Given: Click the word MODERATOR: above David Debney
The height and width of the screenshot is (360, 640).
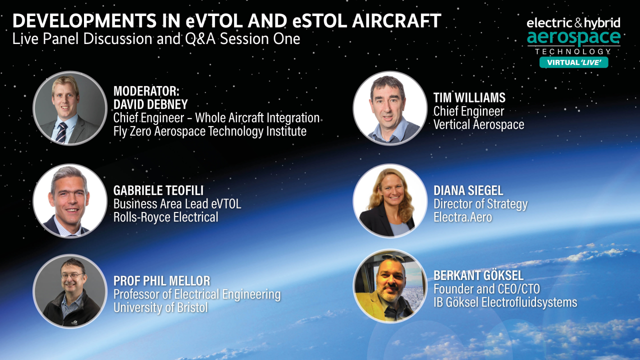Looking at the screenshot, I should click(x=146, y=91).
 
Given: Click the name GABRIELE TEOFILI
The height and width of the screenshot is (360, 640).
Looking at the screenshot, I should click(x=158, y=190).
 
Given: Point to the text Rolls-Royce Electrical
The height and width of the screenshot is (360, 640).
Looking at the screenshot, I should click(x=165, y=217).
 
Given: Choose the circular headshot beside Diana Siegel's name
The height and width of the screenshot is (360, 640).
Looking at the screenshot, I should click(x=390, y=200).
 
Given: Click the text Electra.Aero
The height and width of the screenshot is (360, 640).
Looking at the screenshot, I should click(x=462, y=217).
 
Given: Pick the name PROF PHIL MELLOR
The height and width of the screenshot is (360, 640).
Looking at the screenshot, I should click(x=161, y=280).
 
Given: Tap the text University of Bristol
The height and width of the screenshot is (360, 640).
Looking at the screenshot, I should click(x=160, y=307).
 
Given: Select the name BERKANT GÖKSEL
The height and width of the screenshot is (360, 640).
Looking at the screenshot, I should click(x=478, y=275).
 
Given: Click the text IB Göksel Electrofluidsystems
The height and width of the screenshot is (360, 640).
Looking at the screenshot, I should click(x=505, y=302).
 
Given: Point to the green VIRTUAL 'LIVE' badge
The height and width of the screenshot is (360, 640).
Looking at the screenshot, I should click(x=573, y=62).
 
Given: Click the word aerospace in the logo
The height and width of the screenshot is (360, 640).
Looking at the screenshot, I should click(x=573, y=37).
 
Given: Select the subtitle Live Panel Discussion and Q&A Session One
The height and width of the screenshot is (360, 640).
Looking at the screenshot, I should click(x=156, y=39).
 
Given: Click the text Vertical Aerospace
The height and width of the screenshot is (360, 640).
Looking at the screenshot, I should click(x=478, y=124).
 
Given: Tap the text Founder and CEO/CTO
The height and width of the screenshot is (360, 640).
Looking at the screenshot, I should click(x=486, y=288).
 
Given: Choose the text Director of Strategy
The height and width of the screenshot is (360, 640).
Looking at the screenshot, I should click(x=480, y=204).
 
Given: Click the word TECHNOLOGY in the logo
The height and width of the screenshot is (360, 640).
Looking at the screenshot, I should click(x=573, y=51).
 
